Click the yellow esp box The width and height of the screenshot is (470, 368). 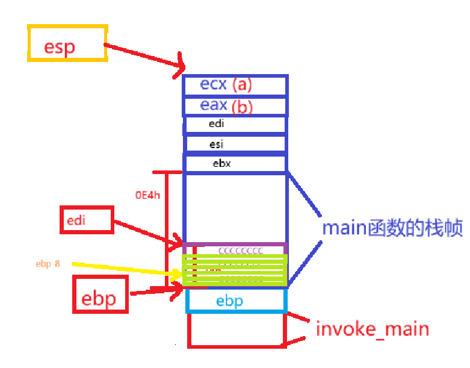tap(67, 43)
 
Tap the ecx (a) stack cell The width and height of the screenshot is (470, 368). tap(235, 85)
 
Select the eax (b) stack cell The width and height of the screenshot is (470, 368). tap(235, 105)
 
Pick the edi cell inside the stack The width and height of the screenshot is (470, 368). tap(235, 124)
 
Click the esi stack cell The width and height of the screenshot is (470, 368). tap(235, 144)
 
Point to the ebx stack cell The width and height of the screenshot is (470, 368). tap(235, 164)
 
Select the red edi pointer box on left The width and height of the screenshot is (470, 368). tap(87, 220)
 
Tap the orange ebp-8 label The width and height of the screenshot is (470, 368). tap(48, 264)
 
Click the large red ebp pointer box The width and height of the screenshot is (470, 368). tap(100, 295)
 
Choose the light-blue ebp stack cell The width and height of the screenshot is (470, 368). tap(235, 301)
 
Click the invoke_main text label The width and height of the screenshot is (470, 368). tap(372, 329)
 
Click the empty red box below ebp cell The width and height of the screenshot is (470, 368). tap(235, 330)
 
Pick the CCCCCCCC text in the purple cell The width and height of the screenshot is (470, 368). tap(240, 251)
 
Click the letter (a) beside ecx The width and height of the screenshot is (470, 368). tap(242, 85)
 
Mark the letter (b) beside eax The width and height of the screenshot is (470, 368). tap(242, 107)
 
